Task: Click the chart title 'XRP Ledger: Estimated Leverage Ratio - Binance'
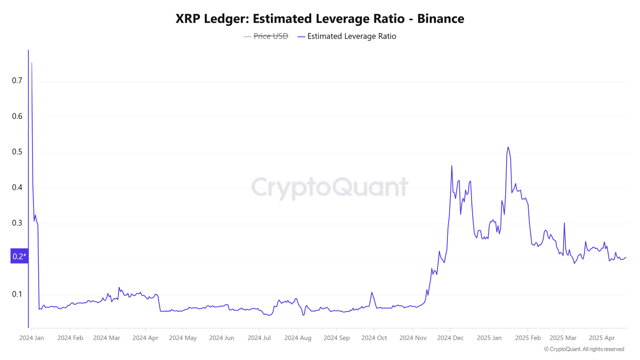(x=320, y=18)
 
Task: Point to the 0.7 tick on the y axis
(x=17, y=80)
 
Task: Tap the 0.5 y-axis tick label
(x=17, y=152)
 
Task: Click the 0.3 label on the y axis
(x=17, y=223)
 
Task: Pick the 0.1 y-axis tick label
(x=17, y=294)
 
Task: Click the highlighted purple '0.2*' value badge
(x=20, y=256)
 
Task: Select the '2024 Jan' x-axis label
(x=32, y=338)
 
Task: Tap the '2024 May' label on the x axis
(x=183, y=338)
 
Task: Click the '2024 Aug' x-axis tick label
(x=298, y=338)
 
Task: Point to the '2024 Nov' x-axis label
(x=413, y=338)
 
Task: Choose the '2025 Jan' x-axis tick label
(x=489, y=338)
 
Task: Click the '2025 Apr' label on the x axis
(x=602, y=338)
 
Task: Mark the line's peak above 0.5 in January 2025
(x=508, y=147)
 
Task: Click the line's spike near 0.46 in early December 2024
(x=452, y=166)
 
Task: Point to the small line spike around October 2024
(x=372, y=292)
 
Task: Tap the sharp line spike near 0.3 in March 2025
(x=564, y=223)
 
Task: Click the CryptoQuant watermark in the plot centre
(x=330, y=188)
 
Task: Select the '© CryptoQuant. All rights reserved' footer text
(x=584, y=349)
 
